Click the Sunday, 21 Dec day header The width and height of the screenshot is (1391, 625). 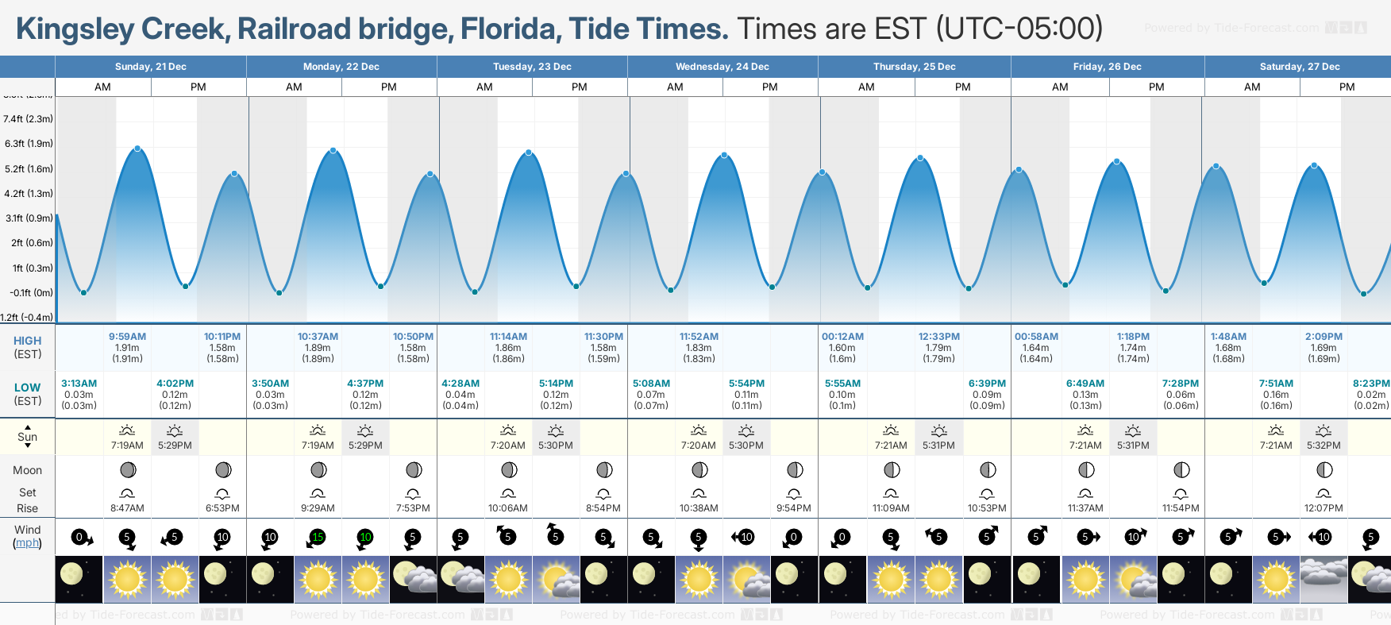click(x=150, y=67)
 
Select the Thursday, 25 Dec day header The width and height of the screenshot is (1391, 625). click(x=914, y=67)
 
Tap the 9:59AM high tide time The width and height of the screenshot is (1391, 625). click(x=127, y=337)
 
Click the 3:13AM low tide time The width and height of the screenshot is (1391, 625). click(x=79, y=384)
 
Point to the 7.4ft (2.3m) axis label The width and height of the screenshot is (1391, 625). click(x=28, y=119)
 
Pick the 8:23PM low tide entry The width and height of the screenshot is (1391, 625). click(x=1371, y=384)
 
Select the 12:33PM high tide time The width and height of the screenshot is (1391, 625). click(x=938, y=337)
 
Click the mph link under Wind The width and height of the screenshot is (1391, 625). click(x=28, y=543)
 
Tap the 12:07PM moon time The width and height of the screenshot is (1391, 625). click(x=1324, y=508)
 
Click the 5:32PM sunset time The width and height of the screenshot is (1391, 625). click(x=1324, y=446)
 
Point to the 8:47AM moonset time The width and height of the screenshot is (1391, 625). click(x=127, y=508)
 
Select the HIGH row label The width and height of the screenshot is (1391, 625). click(x=28, y=341)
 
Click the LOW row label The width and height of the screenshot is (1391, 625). click(x=28, y=388)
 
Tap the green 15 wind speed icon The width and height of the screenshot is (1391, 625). click(x=318, y=538)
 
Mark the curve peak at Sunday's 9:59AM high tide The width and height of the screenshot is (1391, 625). click(x=138, y=149)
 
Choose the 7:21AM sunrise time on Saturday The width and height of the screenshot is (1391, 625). click(x=1276, y=446)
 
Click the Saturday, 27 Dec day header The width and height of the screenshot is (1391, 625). click(x=1299, y=67)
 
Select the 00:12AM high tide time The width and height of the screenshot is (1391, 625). click(x=842, y=337)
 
